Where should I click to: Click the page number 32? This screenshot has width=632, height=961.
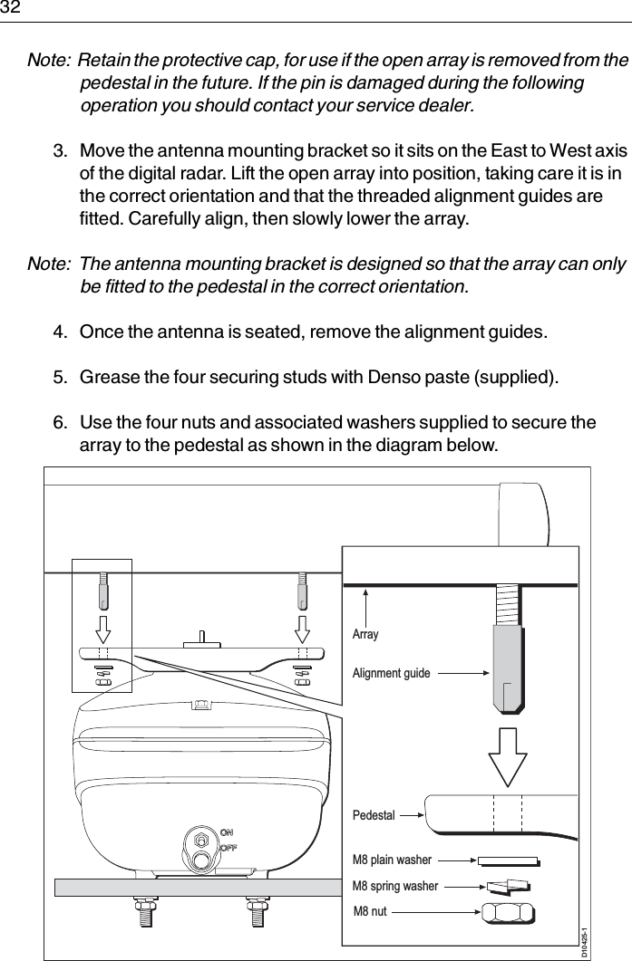pos(10,8)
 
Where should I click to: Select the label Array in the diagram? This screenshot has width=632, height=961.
pos(365,635)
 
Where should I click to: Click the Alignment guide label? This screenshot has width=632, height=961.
pos(391,674)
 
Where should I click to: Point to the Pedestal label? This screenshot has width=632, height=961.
pos(374,815)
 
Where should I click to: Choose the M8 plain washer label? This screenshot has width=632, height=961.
pos(392,860)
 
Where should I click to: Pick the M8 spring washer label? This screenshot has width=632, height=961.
pos(394,885)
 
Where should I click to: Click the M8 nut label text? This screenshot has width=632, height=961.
pos(369,910)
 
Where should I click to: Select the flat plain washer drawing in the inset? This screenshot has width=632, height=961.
pos(508,860)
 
